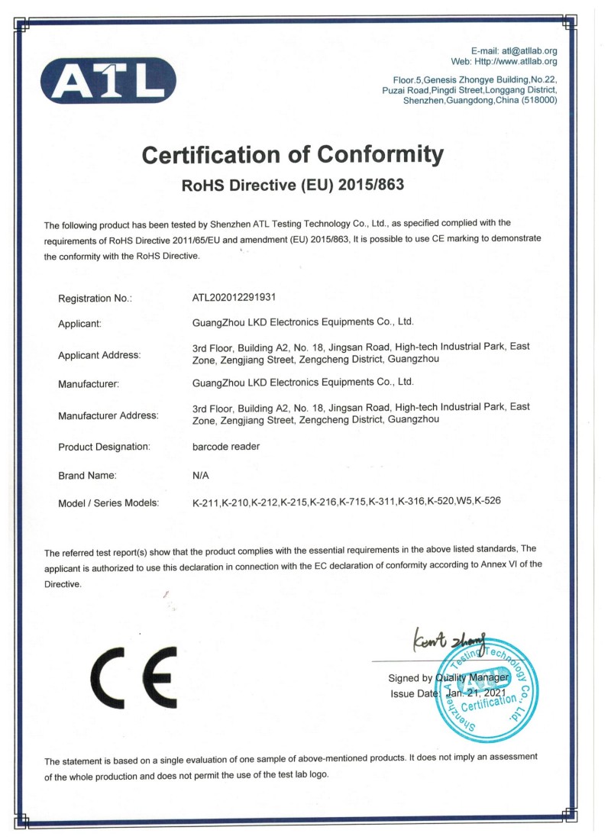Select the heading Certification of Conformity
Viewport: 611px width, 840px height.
pyautogui.click(x=293, y=156)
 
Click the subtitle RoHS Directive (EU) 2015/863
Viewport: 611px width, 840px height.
pyautogui.click(x=293, y=186)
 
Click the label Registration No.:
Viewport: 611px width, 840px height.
pyautogui.click(x=95, y=298)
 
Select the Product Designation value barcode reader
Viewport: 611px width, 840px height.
pyautogui.click(x=227, y=446)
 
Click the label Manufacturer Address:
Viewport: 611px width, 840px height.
pyautogui.click(x=108, y=415)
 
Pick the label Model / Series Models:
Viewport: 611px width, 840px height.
pyautogui.click(x=108, y=502)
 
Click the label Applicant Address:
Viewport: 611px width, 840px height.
pyautogui.click(x=99, y=354)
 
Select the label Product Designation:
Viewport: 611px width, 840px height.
pyautogui.click(x=104, y=446)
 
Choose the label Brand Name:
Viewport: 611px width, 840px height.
pyautogui.click(x=87, y=475)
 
